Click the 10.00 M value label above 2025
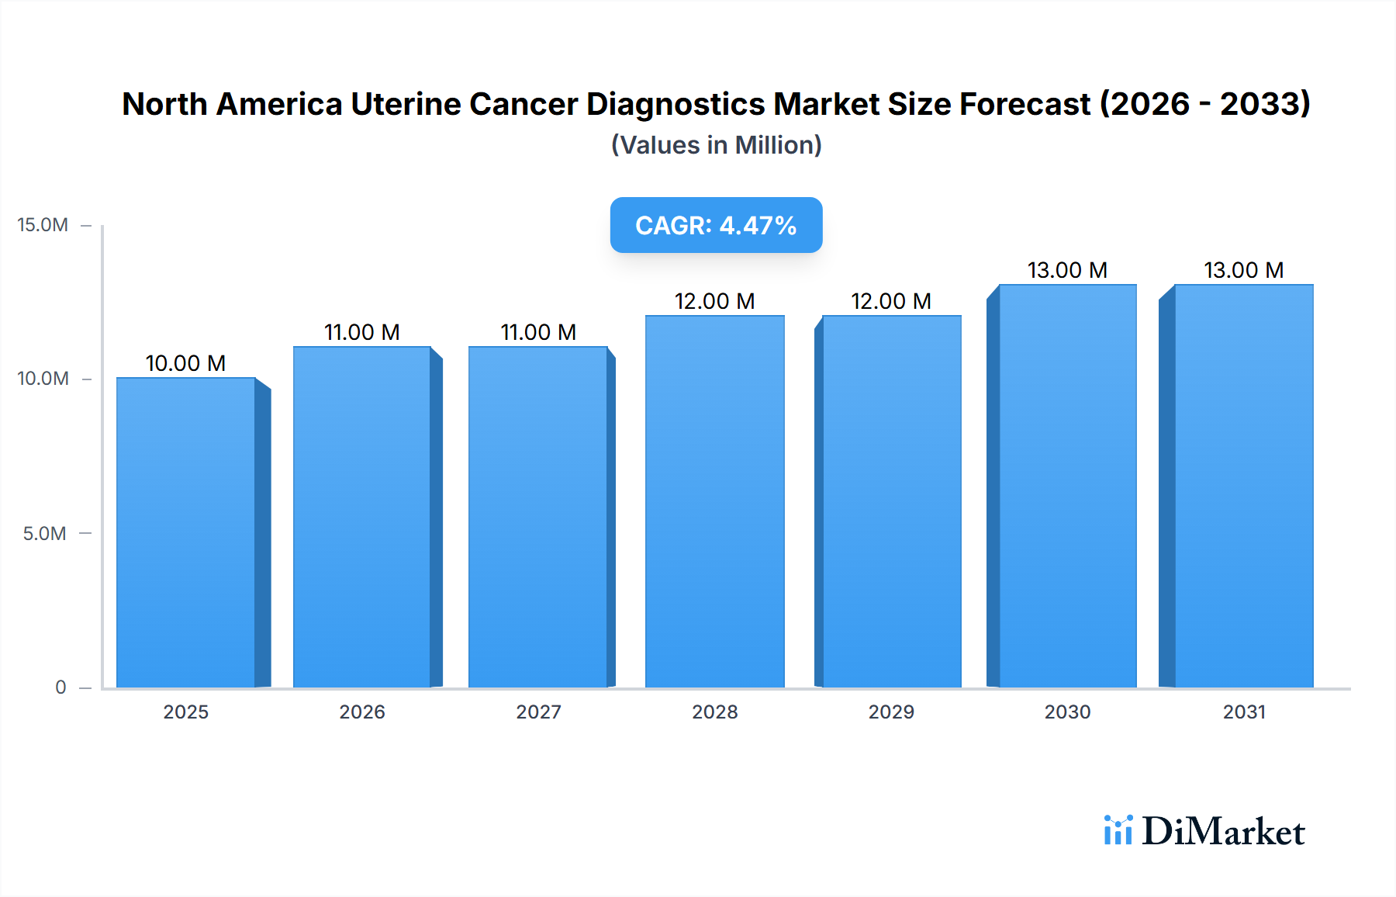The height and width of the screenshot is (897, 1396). [x=185, y=363]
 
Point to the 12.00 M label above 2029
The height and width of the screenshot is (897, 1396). [x=890, y=301]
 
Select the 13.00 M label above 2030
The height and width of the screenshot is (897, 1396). [x=1067, y=270]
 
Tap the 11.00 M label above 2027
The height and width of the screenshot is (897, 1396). [x=538, y=332]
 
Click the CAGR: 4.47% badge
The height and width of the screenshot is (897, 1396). [x=716, y=225]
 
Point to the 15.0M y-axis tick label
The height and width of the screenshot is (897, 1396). [x=43, y=225]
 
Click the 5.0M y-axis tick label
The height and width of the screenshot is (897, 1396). [x=44, y=533]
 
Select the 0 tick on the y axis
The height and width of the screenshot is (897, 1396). [x=60, y=687]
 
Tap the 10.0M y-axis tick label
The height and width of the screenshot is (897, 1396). [x=43, y=379]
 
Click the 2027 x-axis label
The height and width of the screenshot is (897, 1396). [x=538, y=712]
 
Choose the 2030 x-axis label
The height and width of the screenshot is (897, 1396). [x=1067, y=712]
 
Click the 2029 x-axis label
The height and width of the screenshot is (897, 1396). [x=890, y=712]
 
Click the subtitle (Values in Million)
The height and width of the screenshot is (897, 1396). [x=716, y=145]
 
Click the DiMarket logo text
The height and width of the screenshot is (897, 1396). [x=1223, y=831]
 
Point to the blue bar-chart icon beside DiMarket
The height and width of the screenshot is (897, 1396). [x=1118, y=829]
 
